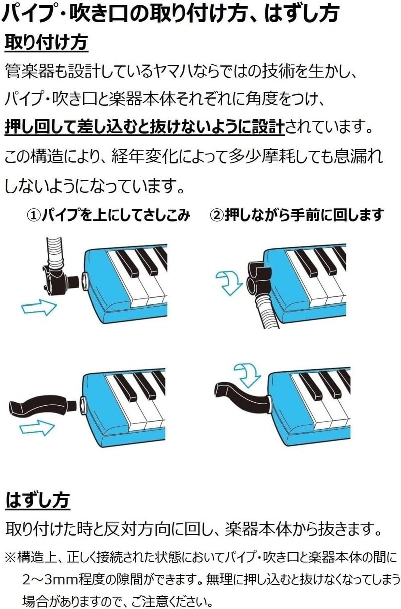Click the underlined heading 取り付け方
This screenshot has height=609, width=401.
pos(46,43)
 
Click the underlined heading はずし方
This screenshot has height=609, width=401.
pos(38,500)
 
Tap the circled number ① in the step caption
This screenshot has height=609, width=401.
pos(34,215)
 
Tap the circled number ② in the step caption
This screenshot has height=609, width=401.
pos(217,215)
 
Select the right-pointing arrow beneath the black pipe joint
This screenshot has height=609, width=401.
pos(39,307)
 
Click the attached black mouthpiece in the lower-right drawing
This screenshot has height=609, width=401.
pos(242,395)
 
